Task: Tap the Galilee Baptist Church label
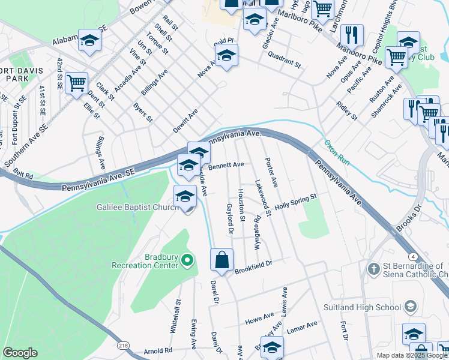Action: click(x=137, y=208)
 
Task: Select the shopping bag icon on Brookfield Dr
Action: click(x=221, y=260)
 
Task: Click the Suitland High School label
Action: click(x=367, y=307)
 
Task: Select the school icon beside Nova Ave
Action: click(x=226, y=56)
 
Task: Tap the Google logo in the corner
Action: click(x=20, y=352)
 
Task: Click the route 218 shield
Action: click(x=123, y=346)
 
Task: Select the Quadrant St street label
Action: click(x=284, y=61)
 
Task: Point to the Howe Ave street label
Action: click(x=260, y=319)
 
